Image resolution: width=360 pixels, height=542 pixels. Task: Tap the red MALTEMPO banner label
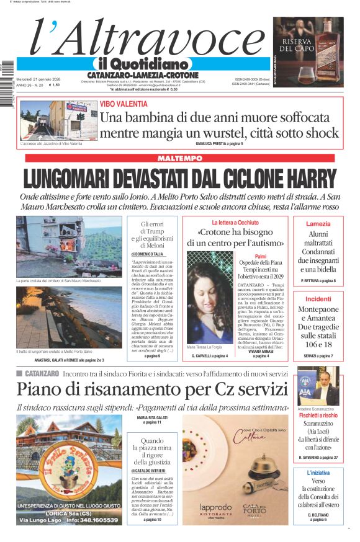coord(179,159)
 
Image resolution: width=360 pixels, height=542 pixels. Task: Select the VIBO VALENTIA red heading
coord(124,104)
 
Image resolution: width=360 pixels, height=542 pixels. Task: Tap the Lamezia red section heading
coord(318,223)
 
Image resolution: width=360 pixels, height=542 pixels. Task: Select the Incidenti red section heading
coord(318,299)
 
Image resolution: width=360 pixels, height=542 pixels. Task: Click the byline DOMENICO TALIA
coord(147,254)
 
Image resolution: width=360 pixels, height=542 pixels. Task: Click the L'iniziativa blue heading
coord(318,473)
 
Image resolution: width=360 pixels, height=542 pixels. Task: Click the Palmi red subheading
coord(261,256)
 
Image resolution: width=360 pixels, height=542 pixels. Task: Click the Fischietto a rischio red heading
coord(318,415)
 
